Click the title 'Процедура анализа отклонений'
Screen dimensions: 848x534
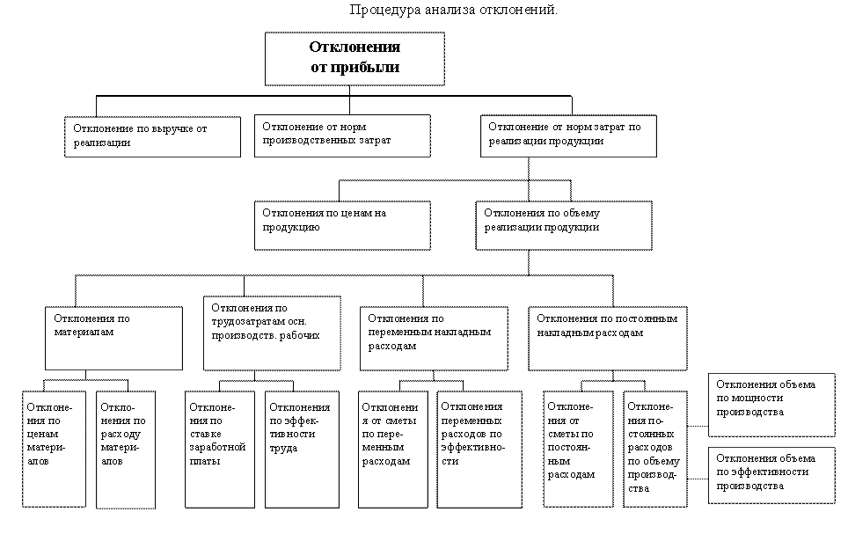453,10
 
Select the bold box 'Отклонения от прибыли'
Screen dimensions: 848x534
355,59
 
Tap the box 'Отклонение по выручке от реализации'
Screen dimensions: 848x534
152,137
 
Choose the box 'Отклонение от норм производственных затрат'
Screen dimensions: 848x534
342,135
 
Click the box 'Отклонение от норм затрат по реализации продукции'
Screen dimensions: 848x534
568,135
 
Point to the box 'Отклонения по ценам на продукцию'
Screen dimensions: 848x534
342,225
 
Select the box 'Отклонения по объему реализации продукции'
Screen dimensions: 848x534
564,225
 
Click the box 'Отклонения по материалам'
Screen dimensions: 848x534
113,338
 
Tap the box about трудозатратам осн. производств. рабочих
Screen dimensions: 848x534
272,333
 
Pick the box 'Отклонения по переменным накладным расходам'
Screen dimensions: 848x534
434,339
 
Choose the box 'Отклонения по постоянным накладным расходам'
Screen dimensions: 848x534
608,339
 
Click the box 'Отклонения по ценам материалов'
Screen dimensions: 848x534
54,449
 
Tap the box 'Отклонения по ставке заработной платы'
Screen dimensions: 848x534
220,450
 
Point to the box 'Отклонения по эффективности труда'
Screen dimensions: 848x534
303,450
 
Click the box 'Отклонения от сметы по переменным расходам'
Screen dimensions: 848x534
393,450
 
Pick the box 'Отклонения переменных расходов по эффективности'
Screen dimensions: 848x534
479,450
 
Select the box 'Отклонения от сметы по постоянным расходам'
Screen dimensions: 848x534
579,449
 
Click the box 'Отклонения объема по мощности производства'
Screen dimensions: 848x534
771,405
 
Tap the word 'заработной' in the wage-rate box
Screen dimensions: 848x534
217,448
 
